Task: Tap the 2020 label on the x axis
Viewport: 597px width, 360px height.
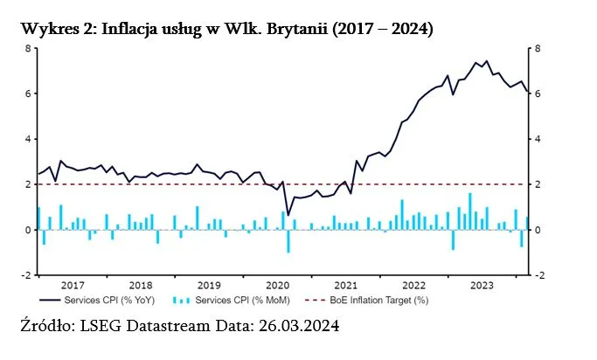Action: click(x=276, y=285)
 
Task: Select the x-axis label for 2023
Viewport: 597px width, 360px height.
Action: click(x=481, y=285)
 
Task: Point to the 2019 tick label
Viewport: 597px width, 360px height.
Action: click(x=208, y=285)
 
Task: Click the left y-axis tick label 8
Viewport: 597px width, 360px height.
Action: click(x=27, y=48)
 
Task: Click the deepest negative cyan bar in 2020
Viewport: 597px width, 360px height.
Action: click(x=288, y=241)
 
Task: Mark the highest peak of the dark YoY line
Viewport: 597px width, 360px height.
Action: click(x=486, y=61)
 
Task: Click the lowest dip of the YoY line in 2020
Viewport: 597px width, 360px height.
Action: click(x=288, y=215)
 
